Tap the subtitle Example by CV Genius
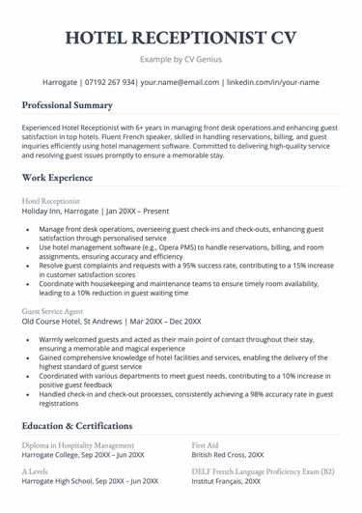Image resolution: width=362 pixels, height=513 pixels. [181, 60]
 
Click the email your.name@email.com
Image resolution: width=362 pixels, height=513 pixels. [181, 83]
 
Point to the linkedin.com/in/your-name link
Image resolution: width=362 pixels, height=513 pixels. [273, 83]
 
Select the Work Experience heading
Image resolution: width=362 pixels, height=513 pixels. [58, 178]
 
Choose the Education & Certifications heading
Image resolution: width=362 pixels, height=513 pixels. [77, 425]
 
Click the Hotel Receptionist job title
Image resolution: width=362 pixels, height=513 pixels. [51, 200]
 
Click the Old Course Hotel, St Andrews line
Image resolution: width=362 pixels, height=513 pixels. [111, 321]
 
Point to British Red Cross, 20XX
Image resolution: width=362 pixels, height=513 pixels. [228, 454]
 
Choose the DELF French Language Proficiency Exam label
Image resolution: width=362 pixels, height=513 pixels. [263, 470]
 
